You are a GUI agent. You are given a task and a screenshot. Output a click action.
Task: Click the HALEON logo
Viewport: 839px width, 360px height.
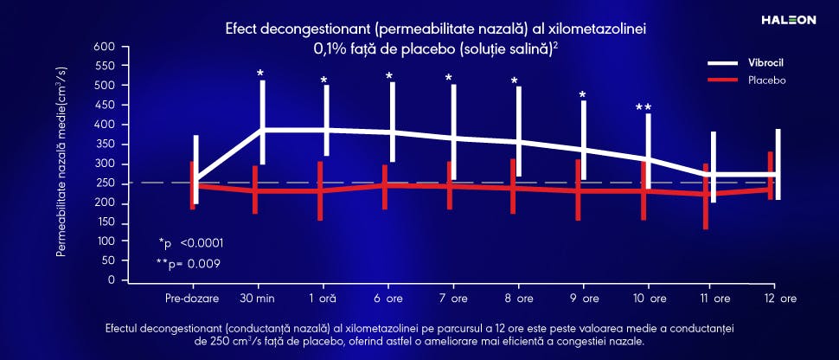point(788,19)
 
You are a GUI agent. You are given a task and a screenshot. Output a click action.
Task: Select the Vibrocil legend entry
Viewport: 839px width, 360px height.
point(765,63)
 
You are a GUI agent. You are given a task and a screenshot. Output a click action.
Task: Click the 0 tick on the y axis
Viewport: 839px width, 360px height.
point(111,280)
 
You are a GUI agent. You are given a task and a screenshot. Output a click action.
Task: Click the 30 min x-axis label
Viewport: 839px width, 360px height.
point(256,299)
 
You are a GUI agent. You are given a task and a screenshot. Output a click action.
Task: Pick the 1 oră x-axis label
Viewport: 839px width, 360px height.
point(322,299)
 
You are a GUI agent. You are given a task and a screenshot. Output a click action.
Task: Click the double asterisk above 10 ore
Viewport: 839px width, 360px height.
point(644,108)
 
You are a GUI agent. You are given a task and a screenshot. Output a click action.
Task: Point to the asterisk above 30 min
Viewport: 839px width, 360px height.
point(260,74)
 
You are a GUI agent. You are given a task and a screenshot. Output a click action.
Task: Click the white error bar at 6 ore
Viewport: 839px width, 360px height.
point(392,121)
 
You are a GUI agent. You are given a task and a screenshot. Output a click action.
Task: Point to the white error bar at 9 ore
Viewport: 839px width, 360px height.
point(584,138)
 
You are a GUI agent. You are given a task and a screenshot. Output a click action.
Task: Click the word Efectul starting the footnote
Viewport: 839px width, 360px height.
point(124,330)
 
